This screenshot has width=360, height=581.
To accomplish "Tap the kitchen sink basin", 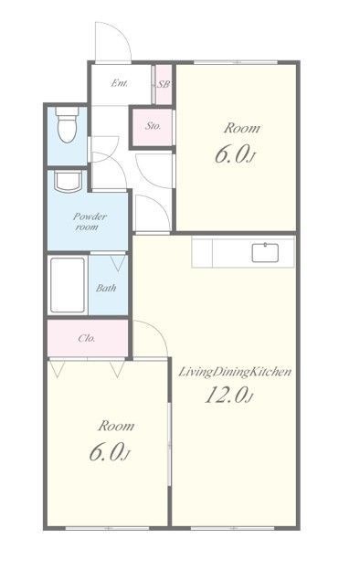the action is point(265,253).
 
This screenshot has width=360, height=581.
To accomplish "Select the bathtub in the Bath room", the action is point(67,285).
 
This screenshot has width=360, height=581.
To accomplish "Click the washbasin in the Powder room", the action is point(68,181).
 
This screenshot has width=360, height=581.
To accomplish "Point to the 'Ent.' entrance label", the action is point(120,83).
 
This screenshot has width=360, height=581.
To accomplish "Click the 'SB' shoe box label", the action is point(164,84).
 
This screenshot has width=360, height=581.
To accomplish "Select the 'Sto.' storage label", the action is point(153,126).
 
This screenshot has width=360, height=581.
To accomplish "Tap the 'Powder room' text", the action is point(89,221).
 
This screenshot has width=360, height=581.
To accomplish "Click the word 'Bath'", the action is point(106,288).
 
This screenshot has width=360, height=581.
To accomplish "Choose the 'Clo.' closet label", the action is point(87,338).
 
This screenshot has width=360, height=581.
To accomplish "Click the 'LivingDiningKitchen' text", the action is point(235,372).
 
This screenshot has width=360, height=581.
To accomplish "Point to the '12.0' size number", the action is point(227,395).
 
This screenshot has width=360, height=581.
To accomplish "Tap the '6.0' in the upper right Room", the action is point(231,154).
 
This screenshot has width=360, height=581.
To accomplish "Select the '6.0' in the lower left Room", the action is point(105,452).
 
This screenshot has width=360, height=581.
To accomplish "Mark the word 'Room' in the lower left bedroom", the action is point(116,426).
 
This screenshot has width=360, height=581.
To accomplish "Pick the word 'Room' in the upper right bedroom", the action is point(242,128).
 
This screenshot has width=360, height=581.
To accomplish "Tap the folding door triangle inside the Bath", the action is point(119,262).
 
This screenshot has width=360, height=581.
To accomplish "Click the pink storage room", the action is point(153,128).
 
